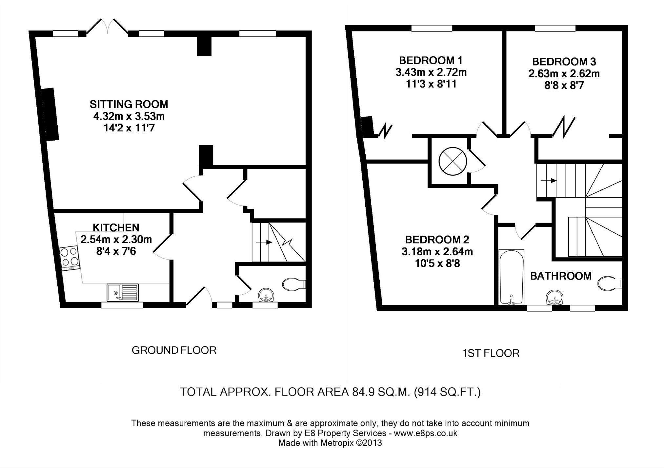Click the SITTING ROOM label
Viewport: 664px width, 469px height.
point(129,104)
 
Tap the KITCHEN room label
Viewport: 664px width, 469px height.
point(116,227)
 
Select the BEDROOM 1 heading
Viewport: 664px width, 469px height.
point(431,60)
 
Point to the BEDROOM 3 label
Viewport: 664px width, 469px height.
point(564,62)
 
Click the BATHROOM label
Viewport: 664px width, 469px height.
point(561,276)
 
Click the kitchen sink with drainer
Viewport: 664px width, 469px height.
point(123,292)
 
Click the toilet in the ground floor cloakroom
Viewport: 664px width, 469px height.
point(293,284)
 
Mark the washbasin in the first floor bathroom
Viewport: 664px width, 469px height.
point(554,298)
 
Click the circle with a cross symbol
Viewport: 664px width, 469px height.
point(453,161)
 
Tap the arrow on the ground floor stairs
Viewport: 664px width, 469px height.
point(264,242)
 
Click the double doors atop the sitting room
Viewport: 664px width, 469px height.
point(108,26)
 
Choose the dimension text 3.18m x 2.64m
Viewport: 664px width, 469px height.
point(437,252)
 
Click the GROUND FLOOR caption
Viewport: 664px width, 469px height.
point(174,350)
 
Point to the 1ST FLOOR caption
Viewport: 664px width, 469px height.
point(491,353)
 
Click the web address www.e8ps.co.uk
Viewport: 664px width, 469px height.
point(425,433)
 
